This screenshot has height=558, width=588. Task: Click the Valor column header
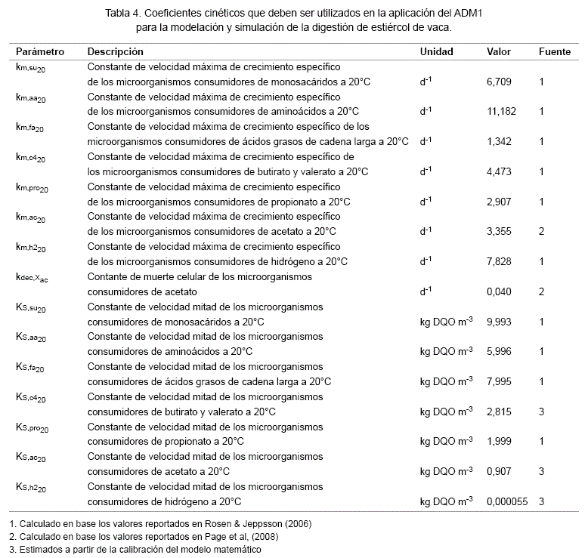click(x=499, y=52)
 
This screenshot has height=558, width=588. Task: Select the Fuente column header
click(x=554, y=52)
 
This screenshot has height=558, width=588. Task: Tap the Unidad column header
click(x=437, y=52)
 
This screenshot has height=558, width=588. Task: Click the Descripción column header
click(x=116, y=52)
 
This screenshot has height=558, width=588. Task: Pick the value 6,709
click(x=500, y=82)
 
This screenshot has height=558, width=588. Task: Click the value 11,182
click(x=502, y=111)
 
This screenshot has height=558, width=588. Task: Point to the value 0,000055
click(x=507, y=501)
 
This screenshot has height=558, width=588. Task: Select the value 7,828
click(x=500, y=261)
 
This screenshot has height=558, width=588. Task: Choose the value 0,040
click(x=500, y=291)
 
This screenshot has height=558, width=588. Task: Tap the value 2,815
click(x=500, y=412)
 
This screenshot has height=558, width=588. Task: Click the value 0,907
click(x=500, y=472)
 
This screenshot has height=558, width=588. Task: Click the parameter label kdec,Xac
click(x=32, y=279)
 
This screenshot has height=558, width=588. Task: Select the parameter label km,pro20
click(x=32, y=188)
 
